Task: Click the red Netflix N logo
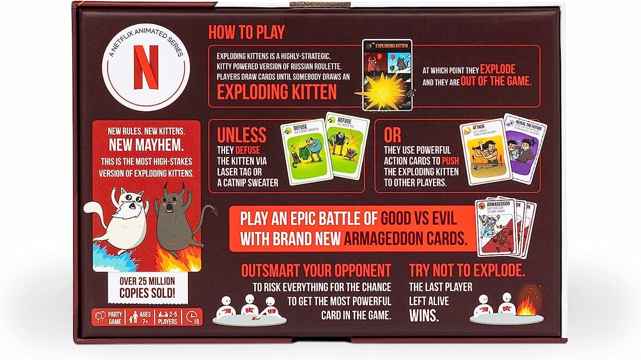[146, 67]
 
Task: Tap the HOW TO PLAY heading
[246, 32]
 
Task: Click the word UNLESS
[241, 135]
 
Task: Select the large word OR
[392, 135]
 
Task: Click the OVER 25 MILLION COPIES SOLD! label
[147, 287]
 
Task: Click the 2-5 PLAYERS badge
[168, 317]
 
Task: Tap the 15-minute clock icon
[193, 317]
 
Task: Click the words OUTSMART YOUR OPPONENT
[316, 270]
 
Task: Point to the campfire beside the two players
[526, 305]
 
